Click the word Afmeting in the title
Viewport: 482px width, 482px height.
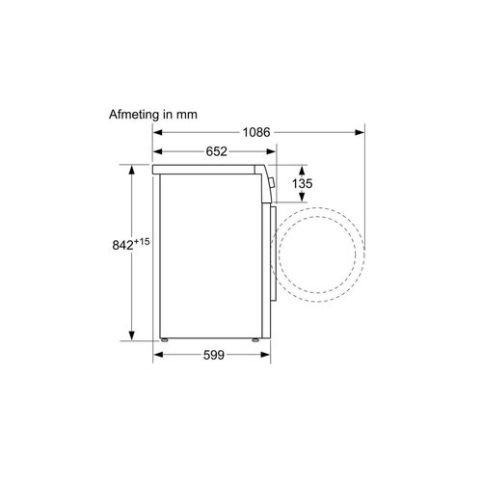(134, 115)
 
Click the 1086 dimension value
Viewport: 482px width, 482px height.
(256, 132)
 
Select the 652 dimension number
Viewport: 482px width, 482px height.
(216, 151)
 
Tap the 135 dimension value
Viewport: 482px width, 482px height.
(302, 183)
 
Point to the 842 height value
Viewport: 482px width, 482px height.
(122, 245)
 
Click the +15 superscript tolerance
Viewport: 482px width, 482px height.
(142, 241)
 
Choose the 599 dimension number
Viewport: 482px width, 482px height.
(214, 355)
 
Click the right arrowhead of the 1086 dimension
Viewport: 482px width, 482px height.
(360, 132)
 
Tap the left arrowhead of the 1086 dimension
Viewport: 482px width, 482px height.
(157, 132)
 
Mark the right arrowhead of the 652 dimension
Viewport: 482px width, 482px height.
(271, 151)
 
